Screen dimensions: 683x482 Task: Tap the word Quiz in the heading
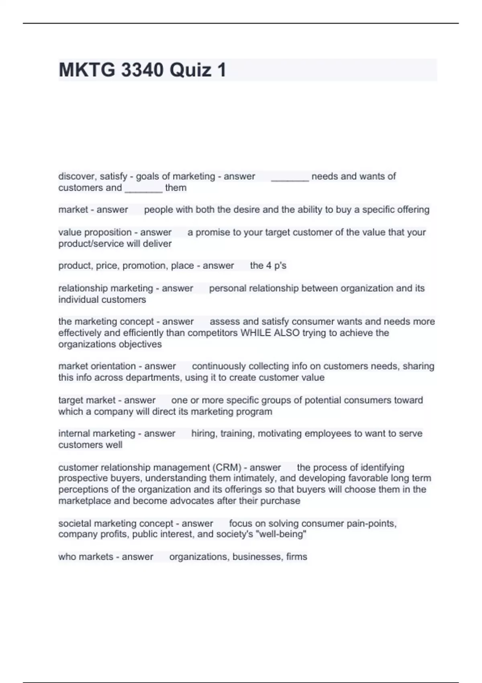pos(190,70)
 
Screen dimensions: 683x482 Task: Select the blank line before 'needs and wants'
pos(290,178)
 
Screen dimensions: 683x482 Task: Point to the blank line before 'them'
pos(143,190)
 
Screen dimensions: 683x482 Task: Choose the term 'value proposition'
pos(95,233)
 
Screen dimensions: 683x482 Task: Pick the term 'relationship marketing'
pos(106,288)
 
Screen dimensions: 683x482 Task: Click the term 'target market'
pos(87,400)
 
